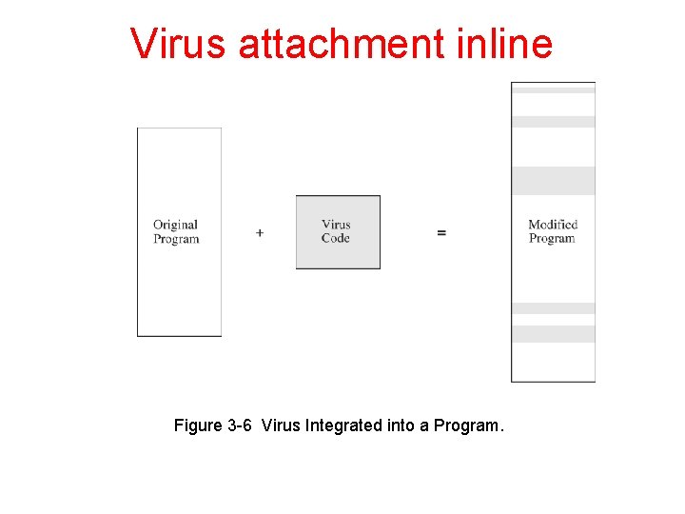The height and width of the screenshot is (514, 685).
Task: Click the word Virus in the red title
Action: pos(179,44)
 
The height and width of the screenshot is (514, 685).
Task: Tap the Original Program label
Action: pos(176,232)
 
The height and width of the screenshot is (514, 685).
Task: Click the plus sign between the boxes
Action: pos(260,232)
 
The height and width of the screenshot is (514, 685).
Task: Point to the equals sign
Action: pos(441,232)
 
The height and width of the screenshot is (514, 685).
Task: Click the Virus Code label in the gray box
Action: pos(336,232)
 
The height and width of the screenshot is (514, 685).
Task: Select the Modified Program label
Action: pos(553,231)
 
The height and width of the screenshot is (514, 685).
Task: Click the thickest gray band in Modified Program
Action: pos(553,181)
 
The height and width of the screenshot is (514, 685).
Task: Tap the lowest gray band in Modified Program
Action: pos(553,334)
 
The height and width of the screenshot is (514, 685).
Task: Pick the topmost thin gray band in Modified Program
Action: pos(553,89)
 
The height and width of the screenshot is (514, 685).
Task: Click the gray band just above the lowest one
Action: pos(553,308)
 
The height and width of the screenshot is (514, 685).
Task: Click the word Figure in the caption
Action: pos(199,425)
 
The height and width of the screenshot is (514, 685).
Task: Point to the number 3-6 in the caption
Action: pos(241,425)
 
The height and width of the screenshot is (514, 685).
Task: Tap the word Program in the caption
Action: pos(468,425)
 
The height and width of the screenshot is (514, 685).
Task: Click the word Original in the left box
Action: pos(175,226)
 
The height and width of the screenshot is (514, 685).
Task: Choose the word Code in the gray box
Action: pos(336,239)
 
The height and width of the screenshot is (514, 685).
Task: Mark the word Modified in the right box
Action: pos(553,225)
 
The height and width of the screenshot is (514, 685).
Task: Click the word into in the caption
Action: pos(400,425)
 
